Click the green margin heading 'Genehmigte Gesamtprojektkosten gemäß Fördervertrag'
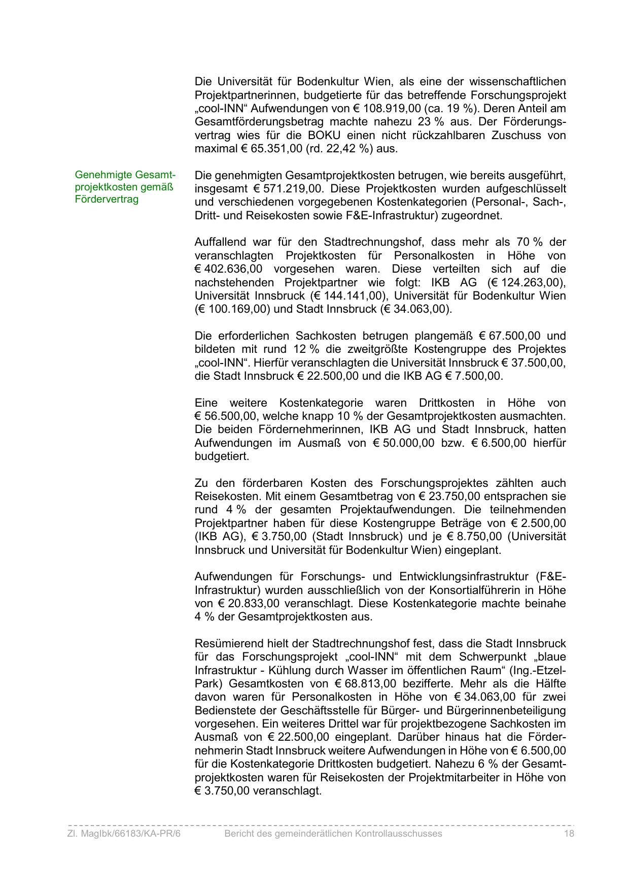coord(125,187)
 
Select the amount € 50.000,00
coord(404,443)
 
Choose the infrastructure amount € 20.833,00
coord(249,604)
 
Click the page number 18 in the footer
coord(569,834)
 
